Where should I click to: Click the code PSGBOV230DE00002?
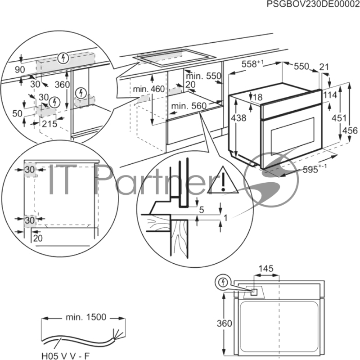(313, 4)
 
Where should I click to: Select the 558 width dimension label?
(252, 64)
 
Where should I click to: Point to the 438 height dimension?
(238, 118)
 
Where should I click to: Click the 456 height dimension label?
(350, 130)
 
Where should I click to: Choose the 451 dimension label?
(339, 118)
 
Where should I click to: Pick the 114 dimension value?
(330, 94)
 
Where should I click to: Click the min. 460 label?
(149, 89)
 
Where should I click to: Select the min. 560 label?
(189, 106)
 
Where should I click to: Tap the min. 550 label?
(203, 76)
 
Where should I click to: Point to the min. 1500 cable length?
(86, 317)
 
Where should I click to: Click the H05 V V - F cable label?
(66, 356)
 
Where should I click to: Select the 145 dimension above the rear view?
(266, 268)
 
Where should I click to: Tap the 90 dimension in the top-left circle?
(20, 70)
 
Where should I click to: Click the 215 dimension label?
(49, 124)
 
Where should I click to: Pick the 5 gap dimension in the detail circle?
(202, 210)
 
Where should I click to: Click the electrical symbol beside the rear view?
(223, 282)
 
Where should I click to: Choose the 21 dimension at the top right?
(324, 67)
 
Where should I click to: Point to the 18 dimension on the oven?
(258, 97)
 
